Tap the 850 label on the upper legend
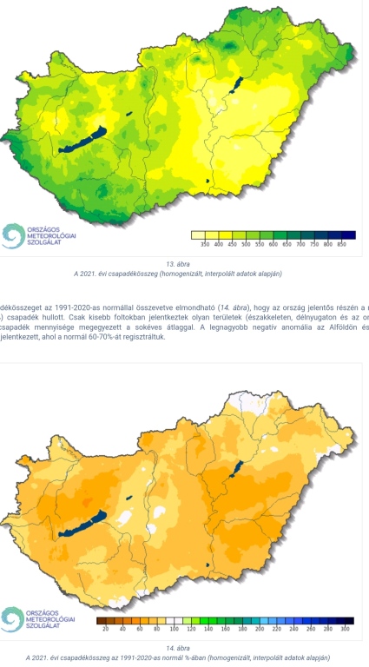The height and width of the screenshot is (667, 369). [x=341, y=246]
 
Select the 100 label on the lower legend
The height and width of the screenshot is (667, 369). [x=174, y=628]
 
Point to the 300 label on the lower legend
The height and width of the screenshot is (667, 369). [x=345, y=628]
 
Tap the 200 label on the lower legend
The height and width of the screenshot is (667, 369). [x=260, y=628]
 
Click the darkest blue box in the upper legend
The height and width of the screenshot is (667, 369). [x=348, y=234]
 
